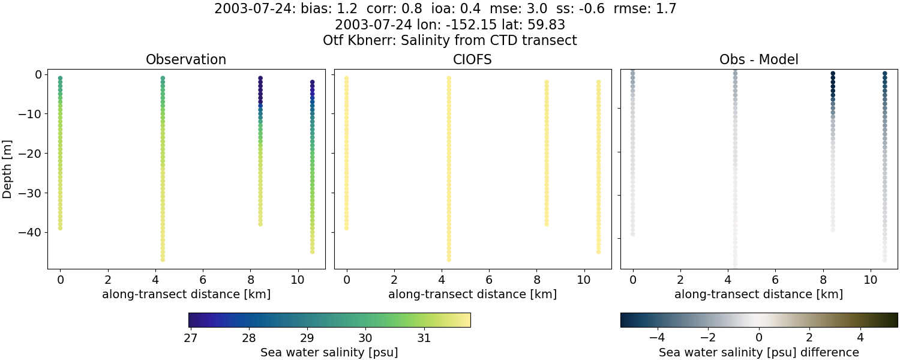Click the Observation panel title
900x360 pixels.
[186, 59]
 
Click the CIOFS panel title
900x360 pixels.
[472, 59]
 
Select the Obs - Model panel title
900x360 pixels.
[758, 59]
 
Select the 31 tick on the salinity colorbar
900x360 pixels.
[424, 338]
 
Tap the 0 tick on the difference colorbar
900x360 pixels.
[759, 338]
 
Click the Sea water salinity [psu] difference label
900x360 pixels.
[758, 353]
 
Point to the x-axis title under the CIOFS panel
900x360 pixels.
[472, 295]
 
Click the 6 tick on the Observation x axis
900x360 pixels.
[203, 280]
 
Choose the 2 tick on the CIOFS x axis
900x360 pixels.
[394, 280]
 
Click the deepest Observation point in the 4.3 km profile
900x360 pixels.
[163, 259]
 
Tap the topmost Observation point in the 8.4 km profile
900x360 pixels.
[260, 79]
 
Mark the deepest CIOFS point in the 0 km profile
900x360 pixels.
[346, 228]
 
